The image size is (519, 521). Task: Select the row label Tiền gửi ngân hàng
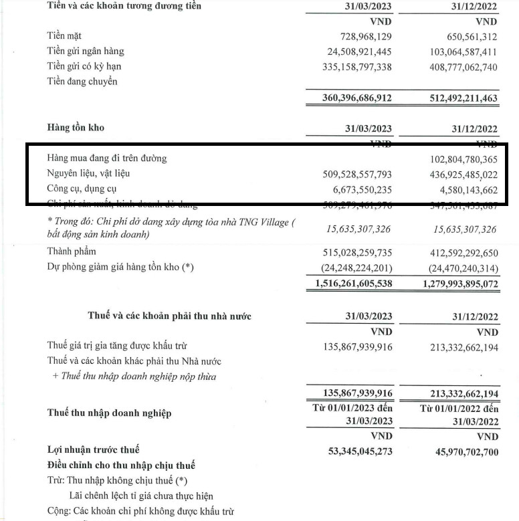[x=85, y=51]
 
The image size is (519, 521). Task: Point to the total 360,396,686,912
[x=348, y=98]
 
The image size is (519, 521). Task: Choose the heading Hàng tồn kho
[x=76, y=128]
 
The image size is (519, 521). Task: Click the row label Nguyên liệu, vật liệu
[x=88, y=174]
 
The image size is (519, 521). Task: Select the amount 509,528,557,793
[x=348, y=174]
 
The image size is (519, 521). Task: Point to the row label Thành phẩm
[x=72, y=251]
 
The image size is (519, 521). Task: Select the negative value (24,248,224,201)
[x=348, y=268]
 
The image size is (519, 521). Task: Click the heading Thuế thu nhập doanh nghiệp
[x=109, y=413]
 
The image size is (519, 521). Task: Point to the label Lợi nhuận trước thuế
[x=93, y=450]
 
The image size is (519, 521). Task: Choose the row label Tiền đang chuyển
[x=82, y=82]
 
